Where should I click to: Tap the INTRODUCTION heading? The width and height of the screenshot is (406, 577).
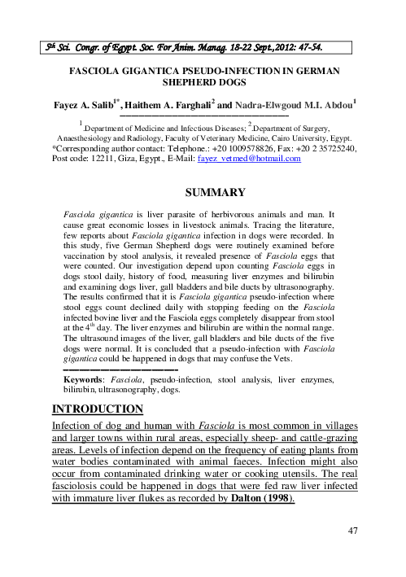click(x=98, y=408)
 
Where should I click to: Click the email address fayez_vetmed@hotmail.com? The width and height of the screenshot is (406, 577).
click(x=250, y=160)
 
